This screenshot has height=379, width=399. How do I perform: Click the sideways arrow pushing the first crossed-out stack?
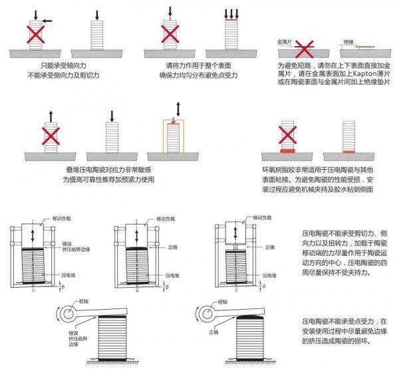(47, 21)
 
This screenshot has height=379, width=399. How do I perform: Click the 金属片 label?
(285, 41)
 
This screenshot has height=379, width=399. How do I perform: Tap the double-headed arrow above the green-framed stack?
(176, 109)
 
